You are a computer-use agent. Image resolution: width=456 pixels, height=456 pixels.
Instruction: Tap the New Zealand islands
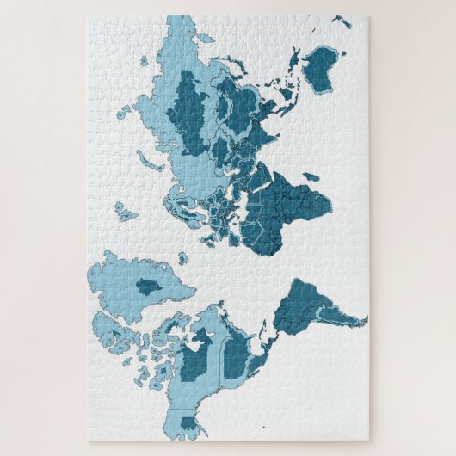click(x=342, y=21)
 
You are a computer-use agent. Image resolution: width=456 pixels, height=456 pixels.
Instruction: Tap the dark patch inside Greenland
click(x=148, y=287)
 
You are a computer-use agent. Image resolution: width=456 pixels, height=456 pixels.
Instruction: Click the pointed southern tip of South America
click(x=365, y=320)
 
